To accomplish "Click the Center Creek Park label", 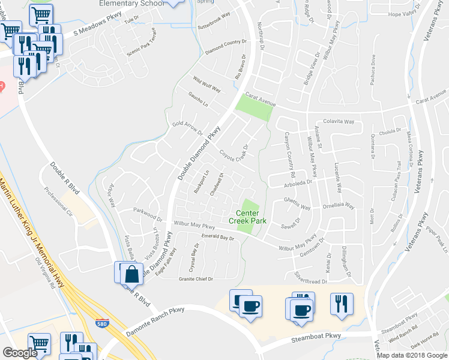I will tap(247, 217).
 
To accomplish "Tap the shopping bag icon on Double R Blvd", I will tap(131, 275).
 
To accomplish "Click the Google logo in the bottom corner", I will tap(20, 353).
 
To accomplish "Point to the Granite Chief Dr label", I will tap(196, 279).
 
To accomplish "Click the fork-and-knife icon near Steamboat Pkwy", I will tap(342, 304).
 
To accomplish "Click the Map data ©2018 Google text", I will tap(412, 355).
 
